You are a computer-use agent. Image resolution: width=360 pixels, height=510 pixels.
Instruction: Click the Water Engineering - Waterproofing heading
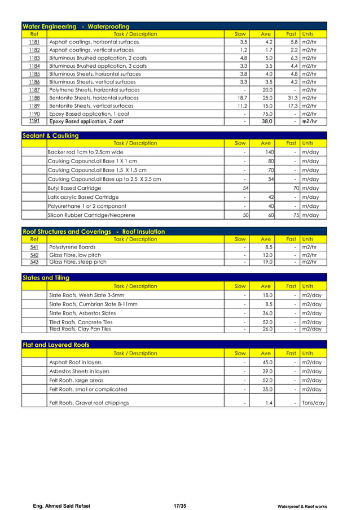pos(76,26)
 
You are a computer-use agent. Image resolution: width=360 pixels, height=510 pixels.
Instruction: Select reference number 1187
pos(34,90)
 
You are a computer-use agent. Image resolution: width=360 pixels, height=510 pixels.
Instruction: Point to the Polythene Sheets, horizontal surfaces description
pos(94,90)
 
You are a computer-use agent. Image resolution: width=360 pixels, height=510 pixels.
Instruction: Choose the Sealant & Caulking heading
pos(50,136)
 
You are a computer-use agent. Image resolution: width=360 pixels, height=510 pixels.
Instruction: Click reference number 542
pos(34,255)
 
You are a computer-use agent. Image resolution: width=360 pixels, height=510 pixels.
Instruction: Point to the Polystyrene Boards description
pos(72,247)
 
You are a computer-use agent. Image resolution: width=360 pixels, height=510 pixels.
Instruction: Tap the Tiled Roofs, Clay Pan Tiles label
pos(80,329)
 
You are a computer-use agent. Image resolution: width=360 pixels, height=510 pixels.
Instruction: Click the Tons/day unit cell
pos(313,403)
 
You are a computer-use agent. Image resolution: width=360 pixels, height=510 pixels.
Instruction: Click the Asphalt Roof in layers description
pos(76,362)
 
